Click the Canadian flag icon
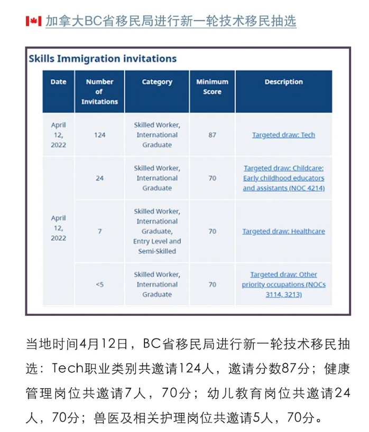33,21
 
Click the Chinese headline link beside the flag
170,21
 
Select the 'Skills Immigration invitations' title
103,59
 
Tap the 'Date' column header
58,82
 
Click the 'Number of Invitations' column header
99,91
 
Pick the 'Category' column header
157,82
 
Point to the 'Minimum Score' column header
212,87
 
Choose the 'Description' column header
283,82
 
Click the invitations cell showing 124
99,135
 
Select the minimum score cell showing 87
212,135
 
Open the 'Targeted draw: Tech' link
283,135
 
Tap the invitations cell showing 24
99,178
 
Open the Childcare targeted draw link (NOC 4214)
283,178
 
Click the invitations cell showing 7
99,231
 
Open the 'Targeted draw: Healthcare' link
283,231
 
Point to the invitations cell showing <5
99,284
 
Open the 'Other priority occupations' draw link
283,284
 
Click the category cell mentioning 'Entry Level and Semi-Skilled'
157,231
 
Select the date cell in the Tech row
58,135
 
